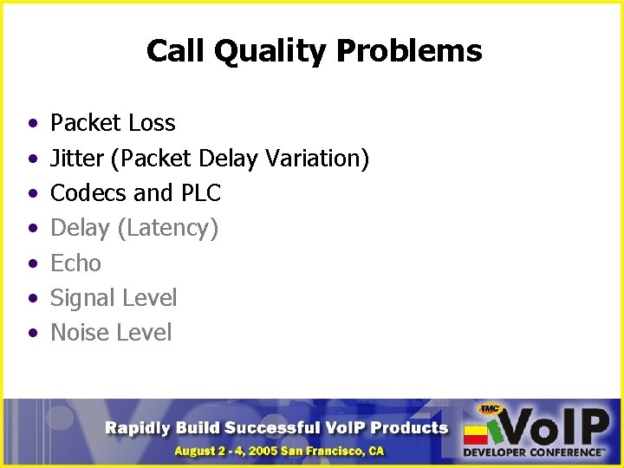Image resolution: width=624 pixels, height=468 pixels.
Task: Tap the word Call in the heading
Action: (x=175, y=51)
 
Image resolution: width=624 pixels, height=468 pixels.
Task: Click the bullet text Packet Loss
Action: (x=113, y=123)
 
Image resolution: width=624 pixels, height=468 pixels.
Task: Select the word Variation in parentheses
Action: (x=322, y=159)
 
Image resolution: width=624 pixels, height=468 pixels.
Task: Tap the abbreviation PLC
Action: (x=200, y=193)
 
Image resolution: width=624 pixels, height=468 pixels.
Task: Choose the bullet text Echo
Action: (x=75, y=263)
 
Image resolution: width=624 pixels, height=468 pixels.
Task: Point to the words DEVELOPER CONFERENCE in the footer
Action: (x=533, y=452)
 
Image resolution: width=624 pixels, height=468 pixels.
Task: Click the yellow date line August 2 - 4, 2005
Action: (x=278, y=451)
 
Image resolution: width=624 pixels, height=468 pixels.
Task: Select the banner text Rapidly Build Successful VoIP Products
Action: (x=276, y=427)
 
